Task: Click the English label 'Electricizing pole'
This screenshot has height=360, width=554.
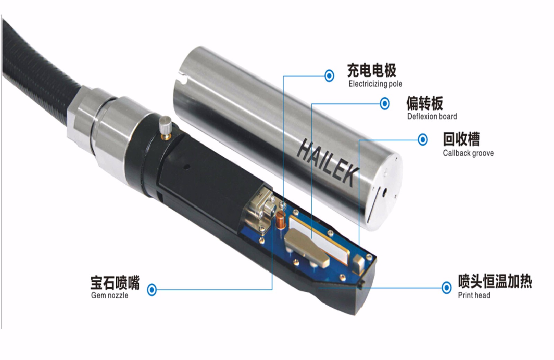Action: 375,84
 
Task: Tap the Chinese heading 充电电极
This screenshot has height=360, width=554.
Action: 372,70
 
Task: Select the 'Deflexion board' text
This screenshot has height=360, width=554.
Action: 432,116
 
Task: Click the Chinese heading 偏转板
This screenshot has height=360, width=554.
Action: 425,103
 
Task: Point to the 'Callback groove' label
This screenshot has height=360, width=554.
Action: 468,153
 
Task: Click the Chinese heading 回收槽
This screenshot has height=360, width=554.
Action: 461,139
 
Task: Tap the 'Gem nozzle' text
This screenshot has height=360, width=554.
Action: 109,295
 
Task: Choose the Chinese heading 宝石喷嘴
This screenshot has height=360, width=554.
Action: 115,282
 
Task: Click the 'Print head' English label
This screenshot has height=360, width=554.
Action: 474,295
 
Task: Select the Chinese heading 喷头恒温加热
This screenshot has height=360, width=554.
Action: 495,281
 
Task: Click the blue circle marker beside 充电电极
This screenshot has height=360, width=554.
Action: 329,76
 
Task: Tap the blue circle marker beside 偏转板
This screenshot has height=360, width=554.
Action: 385,103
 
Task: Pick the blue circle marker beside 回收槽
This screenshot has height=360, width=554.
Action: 423,140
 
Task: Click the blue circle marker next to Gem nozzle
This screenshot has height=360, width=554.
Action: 152,289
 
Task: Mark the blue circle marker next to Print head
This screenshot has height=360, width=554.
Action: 446,288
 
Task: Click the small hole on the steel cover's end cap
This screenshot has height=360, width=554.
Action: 385,191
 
